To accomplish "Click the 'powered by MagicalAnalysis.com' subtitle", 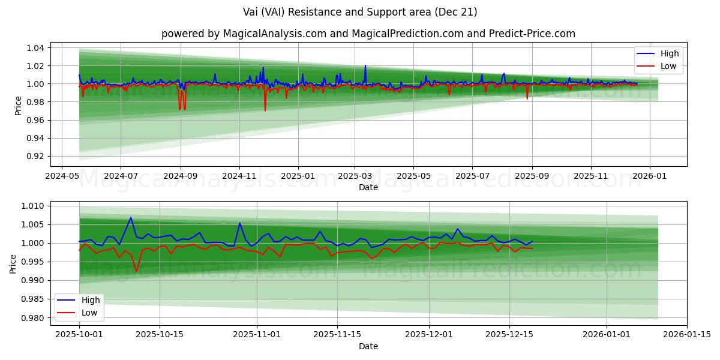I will pyautogui.click(x=368, y=34).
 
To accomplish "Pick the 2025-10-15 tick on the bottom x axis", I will pyautogui.click(x=160, y=334).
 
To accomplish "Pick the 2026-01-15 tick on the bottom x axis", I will pyautogui.click(x=687, y=334).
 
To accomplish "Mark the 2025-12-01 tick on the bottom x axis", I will pyautogui.click(x=429, y=334).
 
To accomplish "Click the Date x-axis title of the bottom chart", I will pyautogui.click(x=368, y=346).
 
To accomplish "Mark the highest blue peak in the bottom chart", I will pyautogui.click(x=131, y=218).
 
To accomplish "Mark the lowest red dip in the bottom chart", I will pyautogui.click(x=136, y=272).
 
